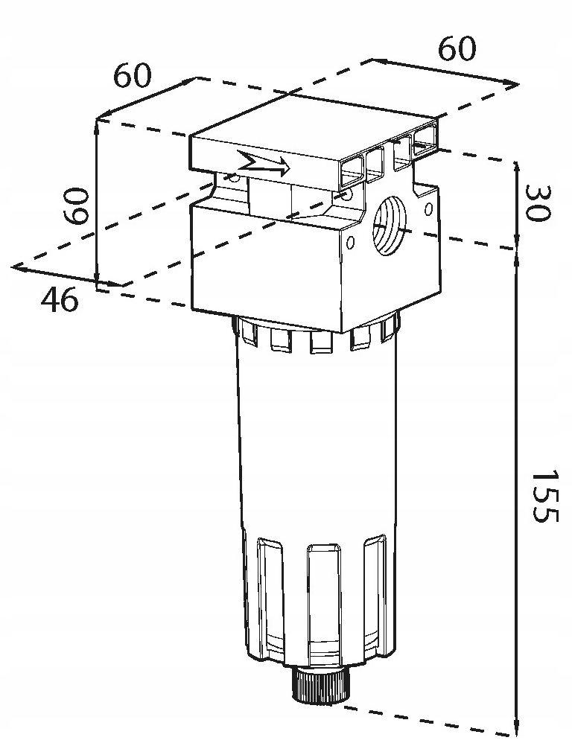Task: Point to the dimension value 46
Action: [60, 300]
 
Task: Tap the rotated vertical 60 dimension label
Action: [77, 206]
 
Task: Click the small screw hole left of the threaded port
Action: [350, 240]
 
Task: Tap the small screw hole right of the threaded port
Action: [428, 209]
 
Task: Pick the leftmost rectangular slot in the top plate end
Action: [350, 170]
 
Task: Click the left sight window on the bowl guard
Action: [270, 596]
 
